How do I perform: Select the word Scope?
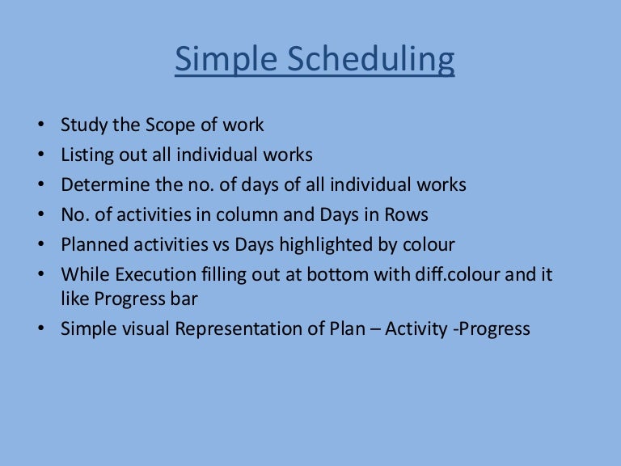tap(166, 125)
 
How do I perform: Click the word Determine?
tap(97, 184)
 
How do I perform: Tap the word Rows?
tap(408, 214)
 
